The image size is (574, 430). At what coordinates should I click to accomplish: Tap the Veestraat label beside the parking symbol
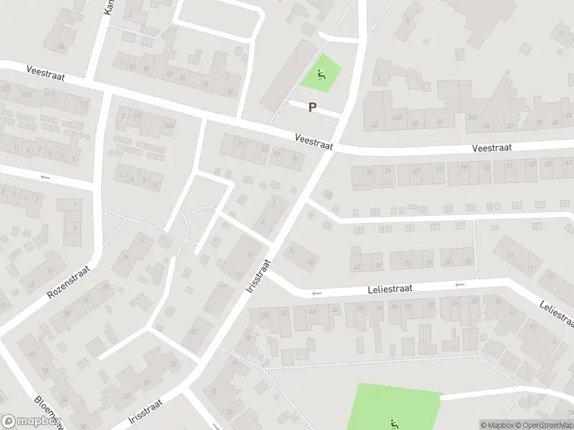314,141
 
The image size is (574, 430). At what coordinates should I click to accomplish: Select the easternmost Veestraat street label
491,148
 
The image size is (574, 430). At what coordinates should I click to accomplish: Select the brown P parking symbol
312,107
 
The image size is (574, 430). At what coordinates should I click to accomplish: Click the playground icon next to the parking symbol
321,72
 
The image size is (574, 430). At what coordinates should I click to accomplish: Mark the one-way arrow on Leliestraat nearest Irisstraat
316,293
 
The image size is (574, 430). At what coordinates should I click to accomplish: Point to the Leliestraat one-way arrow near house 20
459,285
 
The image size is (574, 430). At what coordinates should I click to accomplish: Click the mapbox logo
30,421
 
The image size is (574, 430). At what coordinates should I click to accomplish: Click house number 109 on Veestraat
136,116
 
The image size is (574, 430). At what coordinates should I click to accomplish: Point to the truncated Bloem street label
49,411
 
